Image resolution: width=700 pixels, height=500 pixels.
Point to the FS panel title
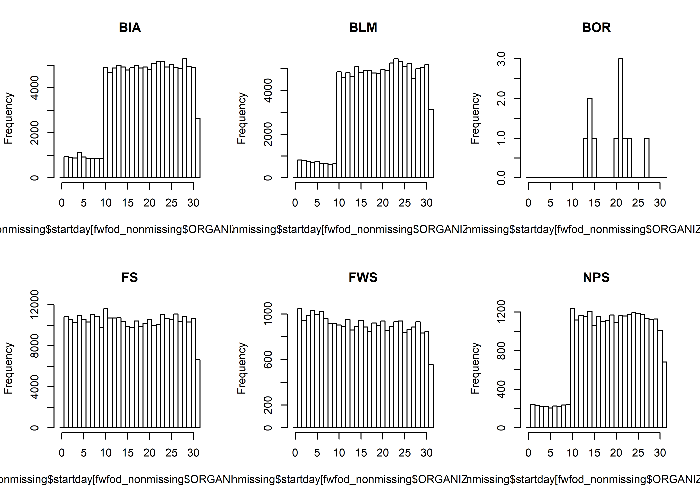pyautogui.click(x=130, y=277)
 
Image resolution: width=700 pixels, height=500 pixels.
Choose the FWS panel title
pyautogui.click(x=363, y=277)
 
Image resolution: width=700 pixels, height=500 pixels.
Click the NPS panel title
pyautogui.click(x=596, y=277)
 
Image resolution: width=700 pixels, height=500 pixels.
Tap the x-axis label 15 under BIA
pyautogui.click(x=127, y=203)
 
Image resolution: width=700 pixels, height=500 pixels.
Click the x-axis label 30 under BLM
pyautogui.click(x=427, y=203)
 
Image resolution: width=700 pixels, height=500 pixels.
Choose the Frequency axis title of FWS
pyautogui.click(x=242, y=368)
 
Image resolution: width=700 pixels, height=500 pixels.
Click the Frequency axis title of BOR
pyautogui.click(x=475, y=118)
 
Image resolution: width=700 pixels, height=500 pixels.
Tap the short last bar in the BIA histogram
pyautogui.click(x=198, y=148)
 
